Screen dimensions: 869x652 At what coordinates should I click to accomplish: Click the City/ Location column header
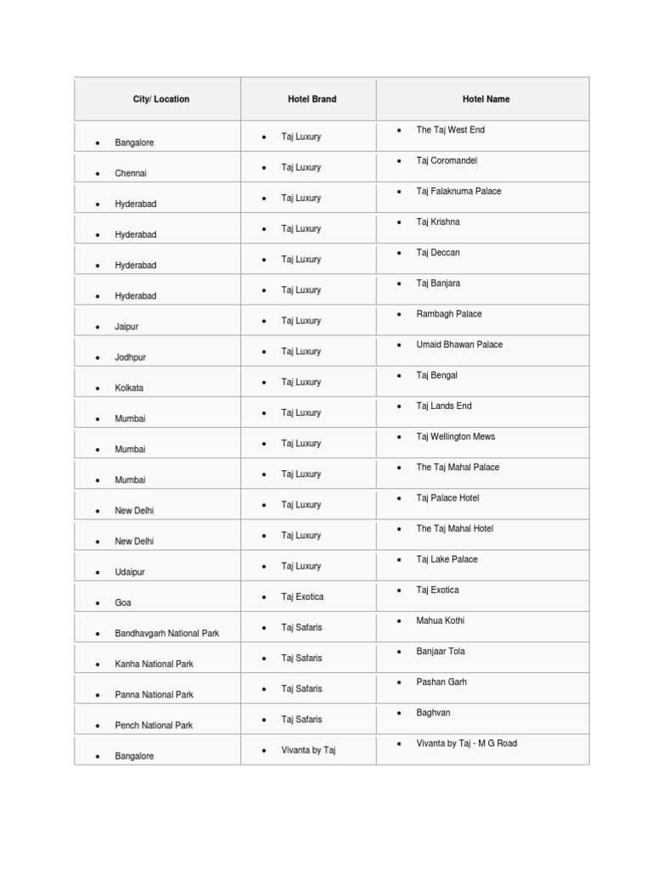tap(161, 99)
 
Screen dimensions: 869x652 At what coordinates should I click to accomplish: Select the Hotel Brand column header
tap(312, 99)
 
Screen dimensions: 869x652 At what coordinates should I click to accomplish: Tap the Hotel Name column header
tap(486, 99)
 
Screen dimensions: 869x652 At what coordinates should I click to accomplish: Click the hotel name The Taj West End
tap(450, 131)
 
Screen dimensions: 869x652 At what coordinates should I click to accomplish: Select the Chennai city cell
tap(131, 174)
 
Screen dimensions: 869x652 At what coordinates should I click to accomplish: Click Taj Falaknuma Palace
tap(458, 192)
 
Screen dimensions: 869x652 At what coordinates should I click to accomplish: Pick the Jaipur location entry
tap(126, 327)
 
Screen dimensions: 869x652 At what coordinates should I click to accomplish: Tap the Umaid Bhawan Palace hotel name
tap(459, 345)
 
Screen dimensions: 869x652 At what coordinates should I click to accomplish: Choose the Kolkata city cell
tap(129, 389)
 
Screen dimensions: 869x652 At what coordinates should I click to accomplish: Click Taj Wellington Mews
tap(455, 437)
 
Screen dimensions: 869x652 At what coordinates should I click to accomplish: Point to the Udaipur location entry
tap(130, 573)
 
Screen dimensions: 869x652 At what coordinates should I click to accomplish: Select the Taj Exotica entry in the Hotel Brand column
tap(302, 597)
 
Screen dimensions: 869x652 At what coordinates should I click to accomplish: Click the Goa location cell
tap(123, 603)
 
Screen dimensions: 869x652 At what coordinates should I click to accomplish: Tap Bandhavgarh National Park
tap(167, 634)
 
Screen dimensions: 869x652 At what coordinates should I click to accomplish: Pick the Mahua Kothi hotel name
tap(440, 621)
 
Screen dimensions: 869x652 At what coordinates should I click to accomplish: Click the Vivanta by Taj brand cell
tap(308, 751)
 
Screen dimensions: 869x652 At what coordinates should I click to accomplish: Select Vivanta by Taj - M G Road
tap(466, 744)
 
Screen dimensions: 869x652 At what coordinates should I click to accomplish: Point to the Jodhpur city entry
tap(130, 358)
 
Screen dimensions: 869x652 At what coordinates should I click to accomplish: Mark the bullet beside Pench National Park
tap(98, 726)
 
